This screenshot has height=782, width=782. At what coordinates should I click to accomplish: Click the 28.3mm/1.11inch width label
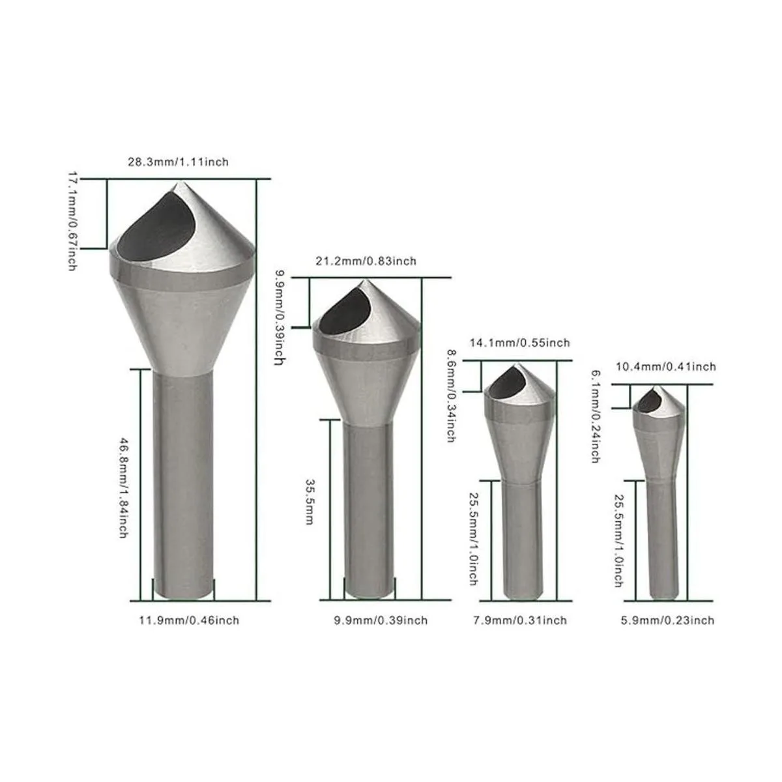(x=178, y=162)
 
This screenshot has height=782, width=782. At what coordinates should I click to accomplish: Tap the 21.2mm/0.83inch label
(x=366, y=261)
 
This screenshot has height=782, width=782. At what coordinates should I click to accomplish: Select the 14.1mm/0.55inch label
(x=519, y=343)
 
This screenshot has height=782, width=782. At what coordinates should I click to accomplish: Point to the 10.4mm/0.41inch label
(x=666, y=367)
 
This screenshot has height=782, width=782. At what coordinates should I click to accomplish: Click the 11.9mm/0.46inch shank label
(x=189, y=620)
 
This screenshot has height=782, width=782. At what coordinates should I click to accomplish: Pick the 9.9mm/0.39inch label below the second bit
(x=381, y=620)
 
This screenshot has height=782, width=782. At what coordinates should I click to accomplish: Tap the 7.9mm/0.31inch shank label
(x=520, y=620)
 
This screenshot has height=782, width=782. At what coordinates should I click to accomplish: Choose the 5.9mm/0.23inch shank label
(x=667, y=620)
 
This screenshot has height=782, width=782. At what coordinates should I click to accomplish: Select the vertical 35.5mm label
(x=310, y=502)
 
